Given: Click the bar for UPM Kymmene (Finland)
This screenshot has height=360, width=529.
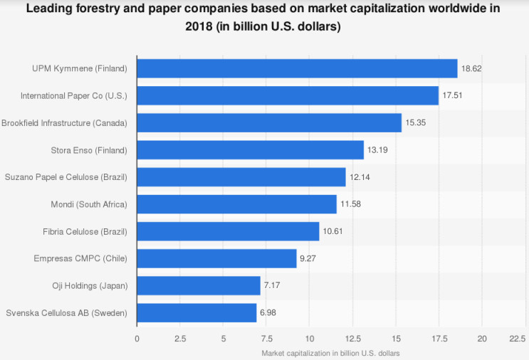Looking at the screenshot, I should (296, 68).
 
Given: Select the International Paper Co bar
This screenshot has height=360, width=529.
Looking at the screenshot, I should (287, 95).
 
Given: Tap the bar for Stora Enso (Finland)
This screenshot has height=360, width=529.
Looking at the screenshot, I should (250, 149).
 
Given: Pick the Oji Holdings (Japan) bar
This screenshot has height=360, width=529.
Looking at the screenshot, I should (198, 286).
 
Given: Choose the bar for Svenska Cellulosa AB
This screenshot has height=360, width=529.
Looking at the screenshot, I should (196, 313).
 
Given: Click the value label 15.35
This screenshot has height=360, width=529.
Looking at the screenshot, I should (415, 122).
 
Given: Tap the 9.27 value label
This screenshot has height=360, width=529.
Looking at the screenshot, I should (308, 259).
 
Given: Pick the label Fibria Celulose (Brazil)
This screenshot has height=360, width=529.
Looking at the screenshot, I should (85, 231).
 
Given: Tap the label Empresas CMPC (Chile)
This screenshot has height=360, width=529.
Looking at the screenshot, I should (81, 258).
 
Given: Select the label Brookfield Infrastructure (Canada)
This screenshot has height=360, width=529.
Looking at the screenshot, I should (64, 123).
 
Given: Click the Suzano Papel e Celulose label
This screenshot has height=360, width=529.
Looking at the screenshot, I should (66, 177).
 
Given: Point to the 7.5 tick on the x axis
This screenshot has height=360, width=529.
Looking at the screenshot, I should (266, 338).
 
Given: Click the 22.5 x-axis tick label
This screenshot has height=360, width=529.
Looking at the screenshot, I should (517, 338).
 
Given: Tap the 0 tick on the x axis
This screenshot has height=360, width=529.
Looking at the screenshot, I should (137, 338).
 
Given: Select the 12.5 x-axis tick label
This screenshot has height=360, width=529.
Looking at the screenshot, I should (352, 338).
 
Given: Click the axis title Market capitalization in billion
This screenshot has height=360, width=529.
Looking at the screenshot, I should (330, 353).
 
